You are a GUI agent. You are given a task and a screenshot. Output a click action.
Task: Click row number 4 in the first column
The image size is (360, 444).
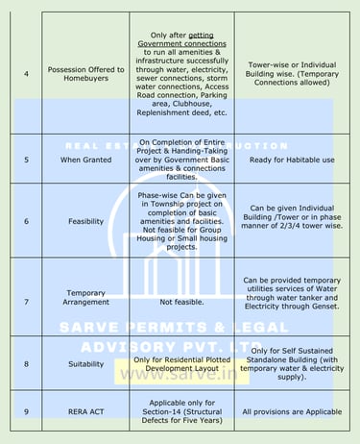pos(26,74)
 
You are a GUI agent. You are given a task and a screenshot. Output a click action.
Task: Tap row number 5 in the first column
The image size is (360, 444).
pos(26,159)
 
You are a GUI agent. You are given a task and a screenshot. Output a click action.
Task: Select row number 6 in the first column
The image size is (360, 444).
pos(26,220)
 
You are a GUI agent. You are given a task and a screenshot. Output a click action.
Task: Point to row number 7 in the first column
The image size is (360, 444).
pos(26,302)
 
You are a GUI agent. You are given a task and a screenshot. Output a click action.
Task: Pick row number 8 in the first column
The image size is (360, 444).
pos(26,364)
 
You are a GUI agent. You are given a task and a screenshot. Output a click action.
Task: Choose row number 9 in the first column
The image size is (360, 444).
pos(26,411)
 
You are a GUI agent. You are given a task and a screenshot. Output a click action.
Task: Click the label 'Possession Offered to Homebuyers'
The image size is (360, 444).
pos(86,74)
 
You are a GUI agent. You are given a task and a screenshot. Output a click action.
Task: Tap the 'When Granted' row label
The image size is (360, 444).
pos(86,159)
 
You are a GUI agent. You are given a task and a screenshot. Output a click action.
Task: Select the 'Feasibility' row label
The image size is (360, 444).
pos(86,220)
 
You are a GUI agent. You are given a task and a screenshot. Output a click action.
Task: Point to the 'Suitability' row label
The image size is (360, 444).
pos(86,364)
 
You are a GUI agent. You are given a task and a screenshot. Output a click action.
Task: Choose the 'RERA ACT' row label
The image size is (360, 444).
pos(86,411)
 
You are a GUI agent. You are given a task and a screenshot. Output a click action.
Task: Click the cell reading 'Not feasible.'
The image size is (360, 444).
pos(181,302)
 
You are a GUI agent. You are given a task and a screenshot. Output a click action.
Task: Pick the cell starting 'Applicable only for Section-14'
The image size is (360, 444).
pos(181,411)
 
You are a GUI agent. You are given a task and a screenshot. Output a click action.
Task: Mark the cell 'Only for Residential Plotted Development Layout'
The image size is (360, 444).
pos(181,364)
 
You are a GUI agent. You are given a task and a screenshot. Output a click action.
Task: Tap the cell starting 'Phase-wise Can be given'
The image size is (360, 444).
pos(181,220)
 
